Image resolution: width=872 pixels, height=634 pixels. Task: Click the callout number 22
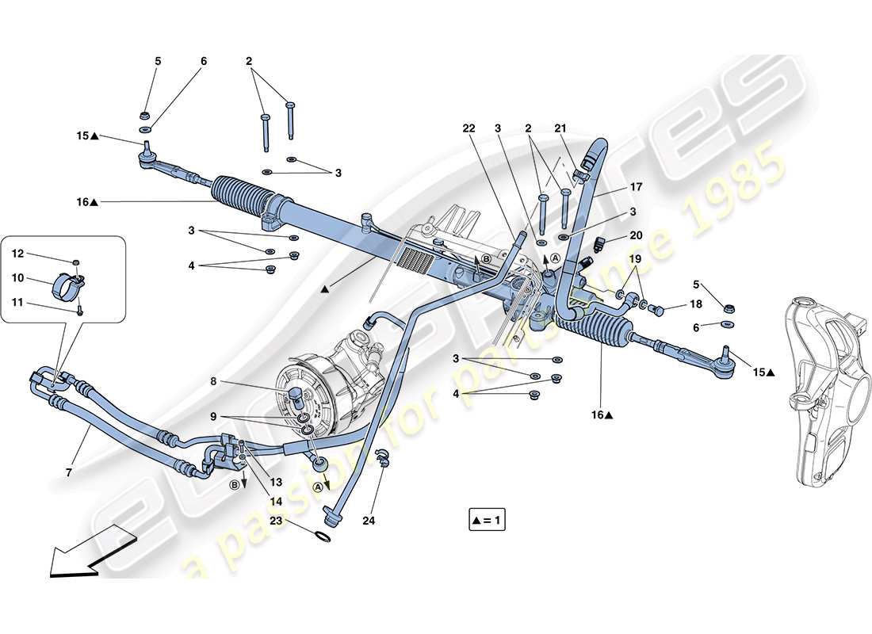[469, 128]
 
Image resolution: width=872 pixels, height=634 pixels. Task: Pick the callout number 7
[70, 472]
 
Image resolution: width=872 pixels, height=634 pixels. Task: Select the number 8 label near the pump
[213, 380]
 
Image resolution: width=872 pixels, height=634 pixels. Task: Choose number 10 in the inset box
[17, 277]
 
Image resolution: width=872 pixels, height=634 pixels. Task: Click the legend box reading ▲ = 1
[487, 521]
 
